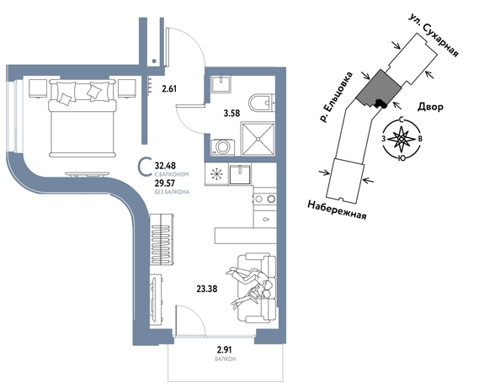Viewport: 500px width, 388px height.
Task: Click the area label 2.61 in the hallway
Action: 169,88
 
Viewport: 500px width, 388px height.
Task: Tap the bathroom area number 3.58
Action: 231,113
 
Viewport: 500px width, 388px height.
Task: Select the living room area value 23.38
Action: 207,290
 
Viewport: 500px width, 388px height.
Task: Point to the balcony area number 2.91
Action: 225,350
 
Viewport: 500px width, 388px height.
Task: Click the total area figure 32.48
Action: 165,166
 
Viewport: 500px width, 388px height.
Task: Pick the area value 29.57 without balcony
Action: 165,183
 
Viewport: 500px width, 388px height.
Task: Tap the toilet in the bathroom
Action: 262,103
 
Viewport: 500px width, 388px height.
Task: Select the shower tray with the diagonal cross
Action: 258,140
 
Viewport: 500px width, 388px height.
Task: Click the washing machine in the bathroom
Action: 223,147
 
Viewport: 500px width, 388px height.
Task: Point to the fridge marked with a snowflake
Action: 216,174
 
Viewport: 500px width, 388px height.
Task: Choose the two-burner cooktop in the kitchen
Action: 264,199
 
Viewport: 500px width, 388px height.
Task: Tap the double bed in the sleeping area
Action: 82,119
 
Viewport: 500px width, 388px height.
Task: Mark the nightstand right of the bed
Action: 127,88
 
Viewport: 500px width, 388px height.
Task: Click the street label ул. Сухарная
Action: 434,36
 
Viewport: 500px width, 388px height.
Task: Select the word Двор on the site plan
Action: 430,107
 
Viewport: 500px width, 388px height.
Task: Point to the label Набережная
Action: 337,210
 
